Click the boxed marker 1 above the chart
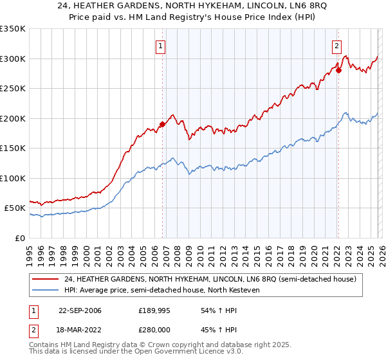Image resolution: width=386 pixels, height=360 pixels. (160, 45)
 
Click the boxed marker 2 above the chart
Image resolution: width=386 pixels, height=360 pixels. (336, 45)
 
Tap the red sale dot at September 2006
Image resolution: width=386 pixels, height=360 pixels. (162, 125)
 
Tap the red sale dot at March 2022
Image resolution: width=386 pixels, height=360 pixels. (338, 71)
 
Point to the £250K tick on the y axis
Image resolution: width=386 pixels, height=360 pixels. (13, 89)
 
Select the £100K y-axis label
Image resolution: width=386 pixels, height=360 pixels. (13, 178)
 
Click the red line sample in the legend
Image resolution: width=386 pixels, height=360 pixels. (46, 279)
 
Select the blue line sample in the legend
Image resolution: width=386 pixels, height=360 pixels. (46, 290)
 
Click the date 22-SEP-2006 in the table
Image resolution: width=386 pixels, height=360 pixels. (80, 310)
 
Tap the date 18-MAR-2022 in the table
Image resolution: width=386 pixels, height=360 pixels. (80, 328)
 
